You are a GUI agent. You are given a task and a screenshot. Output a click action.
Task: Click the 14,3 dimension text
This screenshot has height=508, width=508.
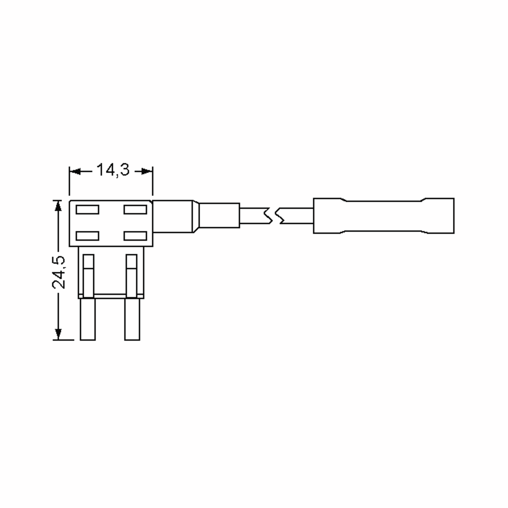(113, 170)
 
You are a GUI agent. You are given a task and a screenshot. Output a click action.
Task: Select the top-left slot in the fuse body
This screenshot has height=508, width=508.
(87, 210)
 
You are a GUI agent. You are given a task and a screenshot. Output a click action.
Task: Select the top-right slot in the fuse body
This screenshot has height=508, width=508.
(135, 210)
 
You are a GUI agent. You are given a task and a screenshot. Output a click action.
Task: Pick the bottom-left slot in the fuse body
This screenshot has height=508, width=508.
(87, 236)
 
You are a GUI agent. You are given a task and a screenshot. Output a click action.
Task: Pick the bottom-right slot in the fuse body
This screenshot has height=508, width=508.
(135, 236)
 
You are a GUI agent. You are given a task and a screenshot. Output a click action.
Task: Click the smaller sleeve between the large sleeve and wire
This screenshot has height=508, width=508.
(219, 215)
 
